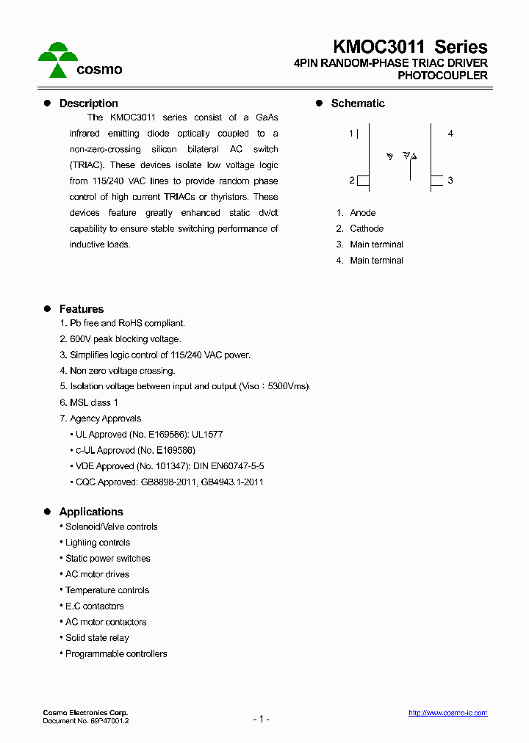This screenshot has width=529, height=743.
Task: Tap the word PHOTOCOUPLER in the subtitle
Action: click(442, 76)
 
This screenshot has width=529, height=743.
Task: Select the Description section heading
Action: click(88, 104)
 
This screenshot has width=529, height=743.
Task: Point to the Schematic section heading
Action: click(357, 104)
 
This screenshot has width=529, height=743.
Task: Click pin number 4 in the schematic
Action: click(450, 134)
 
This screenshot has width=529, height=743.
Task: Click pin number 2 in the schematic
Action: click(352, 181)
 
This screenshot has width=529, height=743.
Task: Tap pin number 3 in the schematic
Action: click(450, 181)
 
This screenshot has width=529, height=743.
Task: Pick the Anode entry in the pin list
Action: click(362, 213)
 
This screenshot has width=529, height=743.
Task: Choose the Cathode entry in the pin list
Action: click(367, 229)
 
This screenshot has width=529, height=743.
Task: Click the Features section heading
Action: click(82, 309)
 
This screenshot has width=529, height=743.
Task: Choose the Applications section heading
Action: click(91, 512)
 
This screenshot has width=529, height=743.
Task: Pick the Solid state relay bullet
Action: click(96, 638)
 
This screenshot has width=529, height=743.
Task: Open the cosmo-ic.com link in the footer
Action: click(447, 713)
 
